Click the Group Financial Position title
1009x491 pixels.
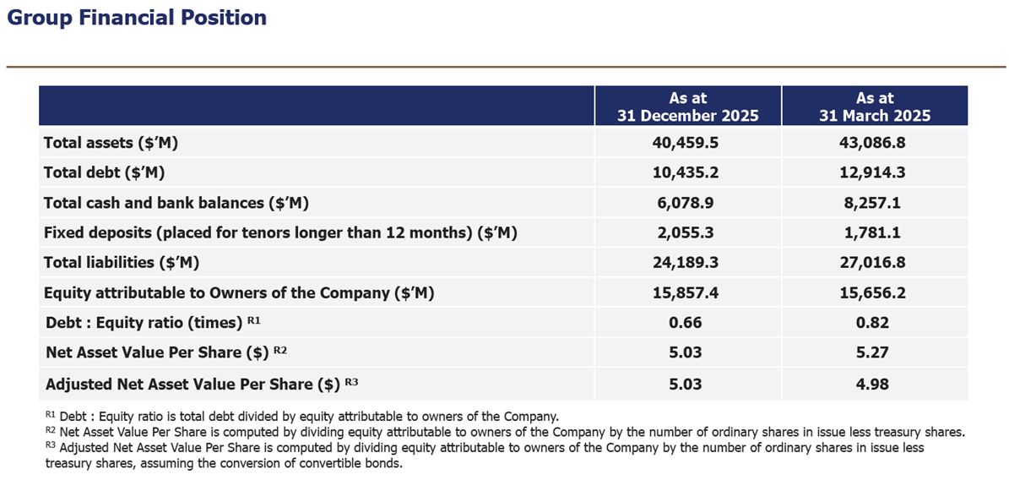point(137,18)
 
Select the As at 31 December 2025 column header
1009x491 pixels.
point(687,106)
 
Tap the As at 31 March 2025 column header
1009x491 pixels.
point(875,106)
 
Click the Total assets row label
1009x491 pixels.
point(111,143)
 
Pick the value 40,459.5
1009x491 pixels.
point(686,143)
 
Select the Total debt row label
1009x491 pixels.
point(104,172)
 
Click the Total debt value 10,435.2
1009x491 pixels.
point(686,172)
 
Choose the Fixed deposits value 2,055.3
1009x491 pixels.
point(686,232)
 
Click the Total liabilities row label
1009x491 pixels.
point(121,263)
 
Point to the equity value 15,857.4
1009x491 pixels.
point(686,292)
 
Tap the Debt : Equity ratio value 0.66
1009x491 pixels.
point(686,323)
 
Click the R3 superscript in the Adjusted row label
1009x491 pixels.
point(352,382)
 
